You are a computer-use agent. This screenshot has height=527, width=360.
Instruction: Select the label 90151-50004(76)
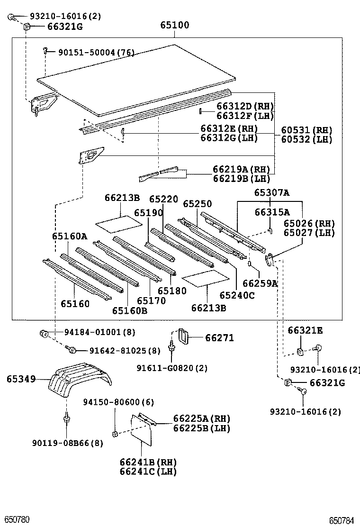pyautogui.click(x=96, y=52)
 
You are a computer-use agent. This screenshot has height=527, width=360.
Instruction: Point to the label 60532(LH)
pyautogui.click(x=306, y=139)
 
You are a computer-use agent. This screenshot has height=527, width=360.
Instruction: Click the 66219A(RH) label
pyautogui.click(x=241, y=169)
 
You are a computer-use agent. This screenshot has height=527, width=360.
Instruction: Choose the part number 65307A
pyautogui.click(x=271, y=192)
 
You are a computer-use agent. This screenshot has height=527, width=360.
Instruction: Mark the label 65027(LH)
pyautogui.click(x=309, y=233)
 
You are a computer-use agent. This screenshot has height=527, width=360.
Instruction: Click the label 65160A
pyautogui.click(x=70, y=236)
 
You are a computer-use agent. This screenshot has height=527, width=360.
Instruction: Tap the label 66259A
pyautogui.click(x=260, y=283)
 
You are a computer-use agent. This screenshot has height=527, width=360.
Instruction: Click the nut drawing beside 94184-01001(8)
pyautogui.click(x=44, y=334)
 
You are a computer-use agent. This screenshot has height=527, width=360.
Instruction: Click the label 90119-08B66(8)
pyautogui.click(x=67, y=443)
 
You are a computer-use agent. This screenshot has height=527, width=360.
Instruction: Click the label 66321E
pyautogui.click(x=305, y=330)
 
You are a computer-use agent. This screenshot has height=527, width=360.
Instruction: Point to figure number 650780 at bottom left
pyautogui.click(x=17, y=520)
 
